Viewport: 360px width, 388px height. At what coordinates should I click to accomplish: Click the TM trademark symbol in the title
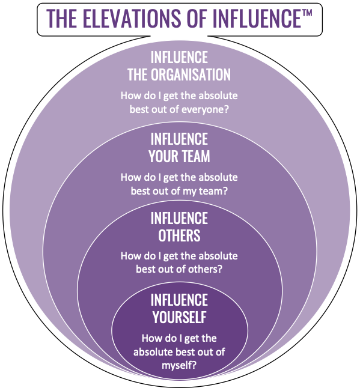click(307, 13)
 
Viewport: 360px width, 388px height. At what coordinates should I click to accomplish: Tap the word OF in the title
click(197, 18)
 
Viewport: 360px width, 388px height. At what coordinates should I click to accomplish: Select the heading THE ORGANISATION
click(179, 74)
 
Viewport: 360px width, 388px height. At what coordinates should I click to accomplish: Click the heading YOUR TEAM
click(179, 156)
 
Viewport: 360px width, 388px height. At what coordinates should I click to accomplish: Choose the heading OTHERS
click(179, 235)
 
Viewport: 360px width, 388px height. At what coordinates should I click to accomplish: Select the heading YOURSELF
click(179, 317)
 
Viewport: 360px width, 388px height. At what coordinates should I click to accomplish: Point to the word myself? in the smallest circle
click(179, 365)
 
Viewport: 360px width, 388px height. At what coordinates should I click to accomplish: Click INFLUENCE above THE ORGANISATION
click(179, 57)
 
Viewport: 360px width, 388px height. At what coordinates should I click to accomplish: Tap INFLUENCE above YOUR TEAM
click(179, 139)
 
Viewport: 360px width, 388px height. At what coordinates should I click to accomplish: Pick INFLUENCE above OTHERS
click(179, 218)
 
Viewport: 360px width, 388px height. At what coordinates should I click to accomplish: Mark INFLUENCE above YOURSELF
click(179, 300)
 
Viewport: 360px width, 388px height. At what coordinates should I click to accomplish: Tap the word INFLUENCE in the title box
click(257, 18)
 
